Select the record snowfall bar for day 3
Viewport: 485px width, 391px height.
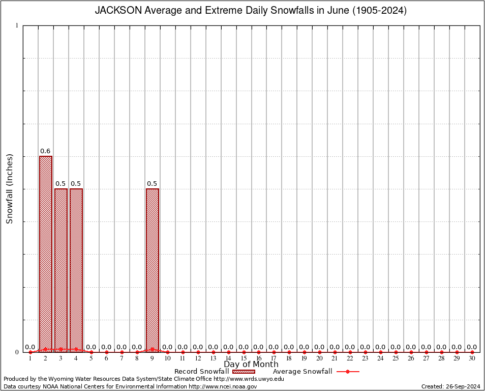click(61, 270)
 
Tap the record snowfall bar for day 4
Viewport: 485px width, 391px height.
click(76, 270)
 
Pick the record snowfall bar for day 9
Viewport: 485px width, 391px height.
click(153, 270)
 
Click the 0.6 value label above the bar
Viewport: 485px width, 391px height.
click(45, 151)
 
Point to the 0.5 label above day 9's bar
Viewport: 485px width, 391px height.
click(152, 184)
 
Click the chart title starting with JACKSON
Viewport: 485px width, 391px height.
click(251, 11)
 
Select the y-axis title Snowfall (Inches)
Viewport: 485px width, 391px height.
click(9, 189)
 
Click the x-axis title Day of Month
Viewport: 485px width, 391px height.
click(251, 364)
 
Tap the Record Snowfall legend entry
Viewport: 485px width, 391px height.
click(201, 372)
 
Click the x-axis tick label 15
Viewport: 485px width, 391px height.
click(244, 358)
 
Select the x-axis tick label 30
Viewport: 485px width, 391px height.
click(472, 358)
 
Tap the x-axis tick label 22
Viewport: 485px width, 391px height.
click(350, 358)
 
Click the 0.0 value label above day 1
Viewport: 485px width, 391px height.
click(30, 347)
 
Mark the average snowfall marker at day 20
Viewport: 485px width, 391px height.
click(320, 352)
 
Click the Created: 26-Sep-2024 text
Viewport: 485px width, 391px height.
click(451, 386)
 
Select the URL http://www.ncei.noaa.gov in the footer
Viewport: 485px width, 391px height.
click(223, 386)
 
